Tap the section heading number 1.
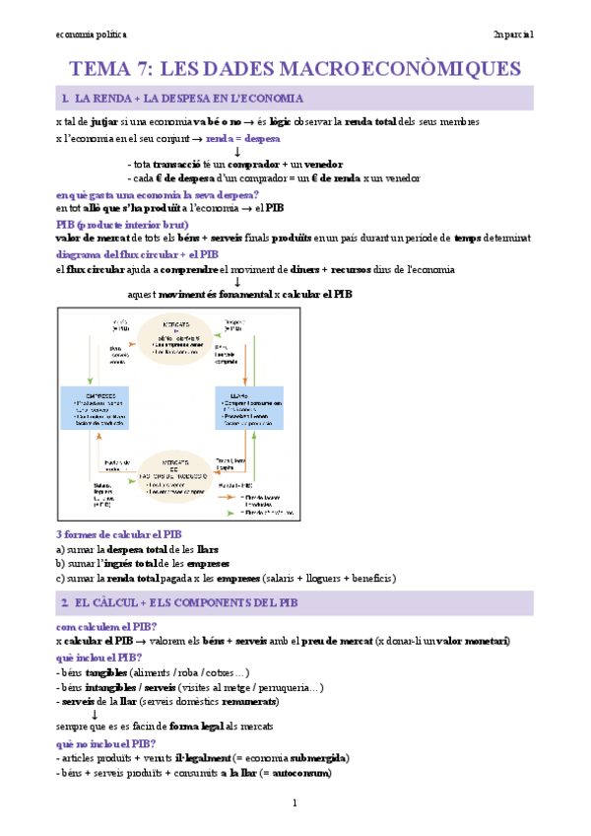coord(63,99)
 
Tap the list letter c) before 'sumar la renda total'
coord(61,578)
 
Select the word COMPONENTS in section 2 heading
coord(206,603)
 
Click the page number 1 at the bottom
coord(295,803)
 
